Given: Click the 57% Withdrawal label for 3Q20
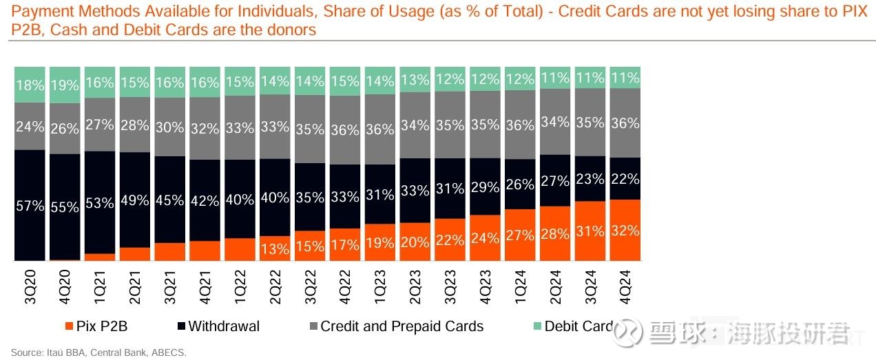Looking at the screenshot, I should [x=30, y=206].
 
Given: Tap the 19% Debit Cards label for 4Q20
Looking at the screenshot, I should [x=65, y=85].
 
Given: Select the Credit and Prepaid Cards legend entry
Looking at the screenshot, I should [x=395, y=326].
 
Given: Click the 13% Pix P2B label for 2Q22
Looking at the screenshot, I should [x=275, y=249].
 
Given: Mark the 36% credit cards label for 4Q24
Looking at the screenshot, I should [x=625, y=123].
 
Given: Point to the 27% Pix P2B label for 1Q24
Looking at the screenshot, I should [x=520, y=235].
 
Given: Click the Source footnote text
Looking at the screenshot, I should [x=98, y=352].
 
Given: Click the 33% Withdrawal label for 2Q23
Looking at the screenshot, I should [x=415, y=191].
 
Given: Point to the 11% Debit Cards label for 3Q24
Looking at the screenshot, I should [x=590, y=78].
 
